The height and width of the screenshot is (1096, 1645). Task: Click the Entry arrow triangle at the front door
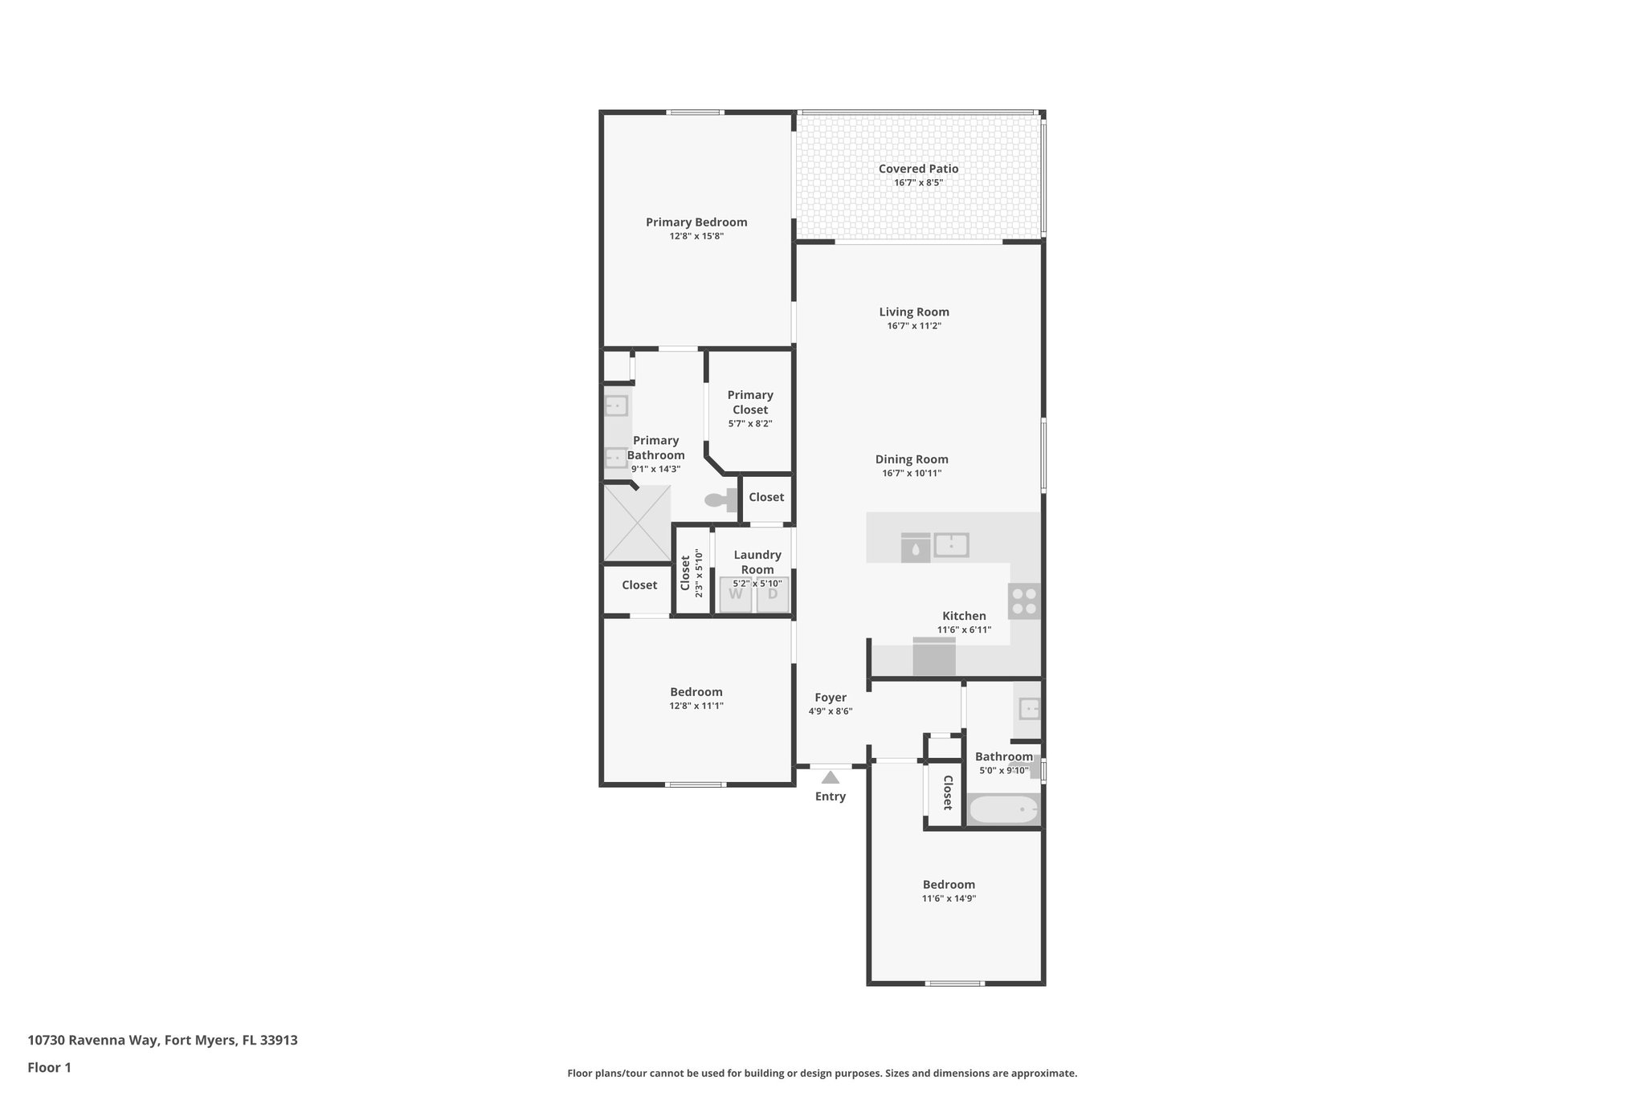pyautogui.click(x=830, y=777)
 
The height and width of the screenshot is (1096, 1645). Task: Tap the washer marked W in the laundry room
pyautogui.click(x=735, y=595)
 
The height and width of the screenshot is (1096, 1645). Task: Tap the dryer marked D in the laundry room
pyautogui.click(x=773, y=595)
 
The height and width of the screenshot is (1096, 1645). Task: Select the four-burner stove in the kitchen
pyautogui.click(x=1024, y=601)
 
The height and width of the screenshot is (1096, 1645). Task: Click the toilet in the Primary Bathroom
pyautogui.click(x=721, y=500)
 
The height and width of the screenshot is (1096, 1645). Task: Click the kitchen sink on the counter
pyautogui.click(x=951, y=545)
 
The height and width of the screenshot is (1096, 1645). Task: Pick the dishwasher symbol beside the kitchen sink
pyautogui.click(x=916, y=548)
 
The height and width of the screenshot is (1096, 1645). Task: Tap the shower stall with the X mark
pyautogui.click(x=637, y=523)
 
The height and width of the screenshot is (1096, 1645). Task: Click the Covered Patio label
pyautogui.click(x=918, y=169)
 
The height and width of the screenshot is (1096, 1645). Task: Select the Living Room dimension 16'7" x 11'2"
pyautogui.click(x=914, y=326)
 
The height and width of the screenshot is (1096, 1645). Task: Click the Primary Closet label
pyautogui.click(x=750, y=402)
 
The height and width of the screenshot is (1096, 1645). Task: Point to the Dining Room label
pyautogui.click(x=912, y=459)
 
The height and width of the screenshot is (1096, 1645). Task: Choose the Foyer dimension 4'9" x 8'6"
pyautogui.click(x=831, y=711)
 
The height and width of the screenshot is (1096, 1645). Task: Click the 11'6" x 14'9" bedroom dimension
pyautogui.click(x=949, y=898)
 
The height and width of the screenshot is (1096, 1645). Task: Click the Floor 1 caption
pyautogui.click(x=49, y=1068)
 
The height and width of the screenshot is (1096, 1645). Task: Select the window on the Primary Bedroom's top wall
pyautogui.click(x=696, y=112)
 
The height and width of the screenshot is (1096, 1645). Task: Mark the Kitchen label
pyautogui.click(x=964, y=616)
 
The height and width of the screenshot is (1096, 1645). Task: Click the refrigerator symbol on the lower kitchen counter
pyautogui.click(x=934, y=658)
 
